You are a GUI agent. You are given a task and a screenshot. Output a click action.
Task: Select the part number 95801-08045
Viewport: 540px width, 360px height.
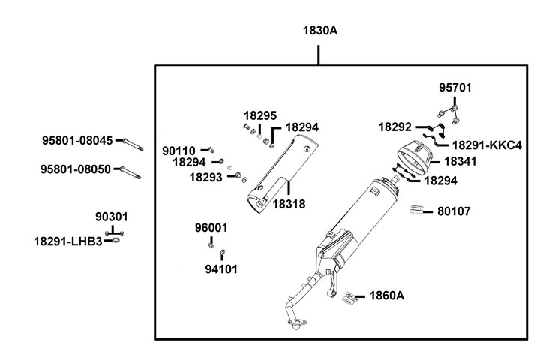coord(76,140)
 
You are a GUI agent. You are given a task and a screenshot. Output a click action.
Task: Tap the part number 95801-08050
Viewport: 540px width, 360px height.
coord(76,169)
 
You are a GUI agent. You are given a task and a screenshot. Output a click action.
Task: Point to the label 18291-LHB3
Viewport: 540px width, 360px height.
coord(67,241)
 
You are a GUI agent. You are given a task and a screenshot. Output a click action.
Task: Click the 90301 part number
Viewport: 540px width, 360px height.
coord(111,217)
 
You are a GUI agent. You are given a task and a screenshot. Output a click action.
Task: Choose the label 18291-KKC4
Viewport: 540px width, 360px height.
coord(487,145)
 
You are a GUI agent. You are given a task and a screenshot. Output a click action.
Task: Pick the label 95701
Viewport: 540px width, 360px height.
coord(455,88)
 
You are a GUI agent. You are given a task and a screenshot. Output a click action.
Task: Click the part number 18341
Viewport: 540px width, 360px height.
coord(461,160)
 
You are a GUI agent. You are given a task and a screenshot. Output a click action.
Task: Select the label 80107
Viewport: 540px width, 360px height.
coord(454,211)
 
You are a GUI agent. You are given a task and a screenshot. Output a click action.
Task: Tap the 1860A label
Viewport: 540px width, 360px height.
coord(386,295)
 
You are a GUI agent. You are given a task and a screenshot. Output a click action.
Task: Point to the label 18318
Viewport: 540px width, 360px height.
coord(289,203)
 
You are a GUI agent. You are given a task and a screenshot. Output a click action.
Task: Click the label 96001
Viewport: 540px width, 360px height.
coord(211,227)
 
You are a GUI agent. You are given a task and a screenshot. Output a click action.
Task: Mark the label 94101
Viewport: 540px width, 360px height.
coord(221,268)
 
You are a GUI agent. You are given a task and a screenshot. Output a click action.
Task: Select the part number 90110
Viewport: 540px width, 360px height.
coord(179,151)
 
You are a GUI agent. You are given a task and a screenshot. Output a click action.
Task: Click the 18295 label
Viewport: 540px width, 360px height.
coord(259,115)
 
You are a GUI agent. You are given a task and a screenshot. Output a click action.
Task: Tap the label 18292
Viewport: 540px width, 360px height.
coord(394,127)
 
